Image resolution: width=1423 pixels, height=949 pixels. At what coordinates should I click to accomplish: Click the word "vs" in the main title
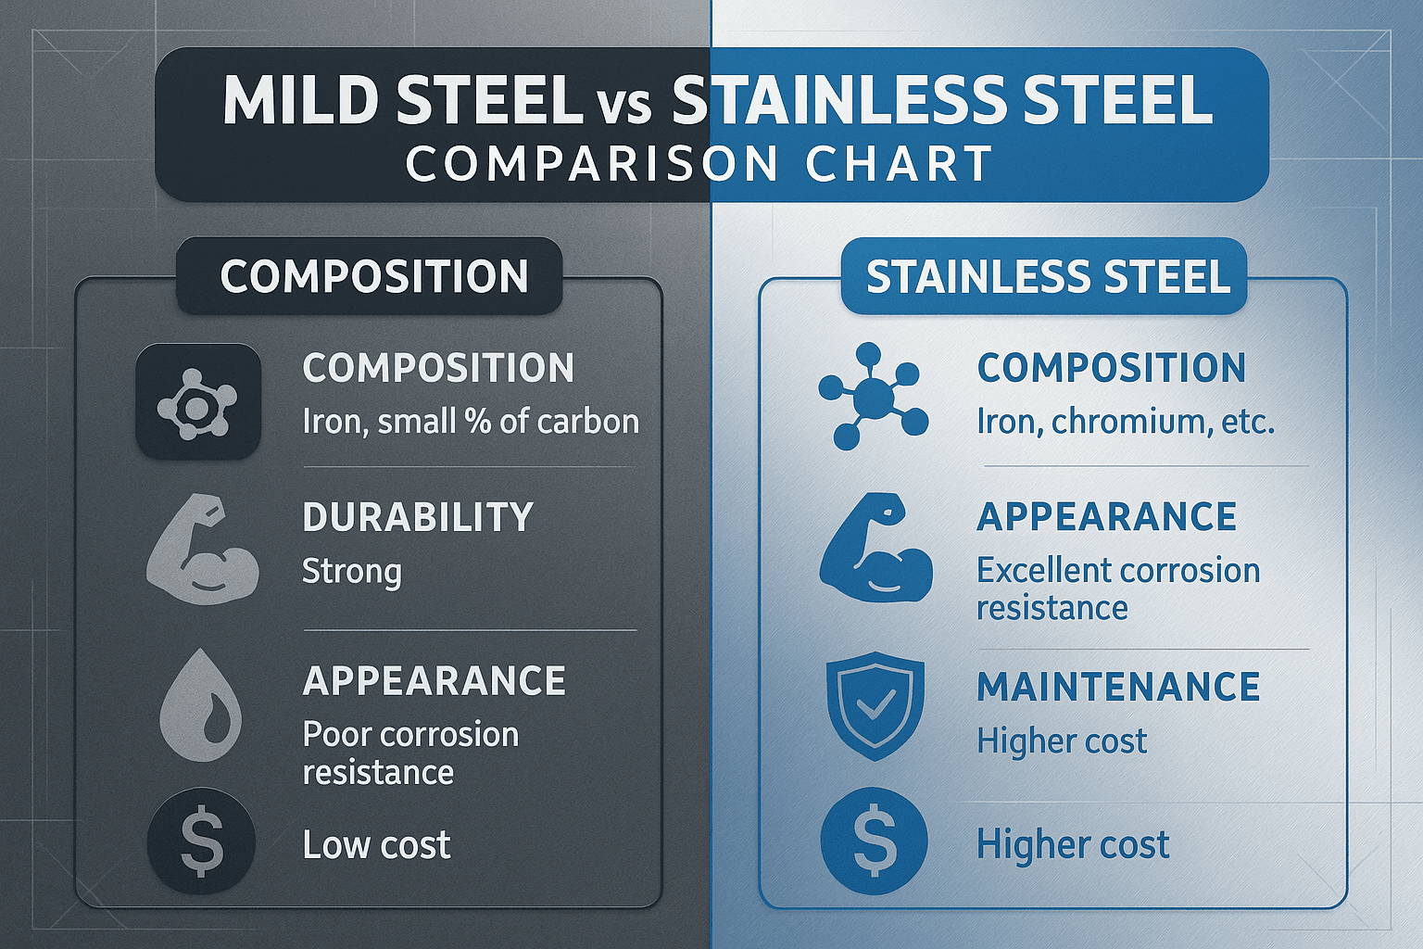(626, 104)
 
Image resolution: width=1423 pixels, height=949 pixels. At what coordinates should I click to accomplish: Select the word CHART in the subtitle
(899, 165)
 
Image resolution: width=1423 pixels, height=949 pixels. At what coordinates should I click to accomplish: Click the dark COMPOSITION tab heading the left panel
(373, 276)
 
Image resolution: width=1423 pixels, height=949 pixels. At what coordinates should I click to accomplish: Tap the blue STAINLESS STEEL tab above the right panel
(1048, 276)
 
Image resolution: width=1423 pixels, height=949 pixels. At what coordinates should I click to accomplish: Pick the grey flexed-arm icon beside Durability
(203, 552)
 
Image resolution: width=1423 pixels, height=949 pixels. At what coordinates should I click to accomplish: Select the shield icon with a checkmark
(875, 704)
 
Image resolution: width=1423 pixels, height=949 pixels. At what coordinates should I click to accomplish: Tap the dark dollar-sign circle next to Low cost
(201, 843)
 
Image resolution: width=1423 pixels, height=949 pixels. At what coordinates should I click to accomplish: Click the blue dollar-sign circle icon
(874, 841)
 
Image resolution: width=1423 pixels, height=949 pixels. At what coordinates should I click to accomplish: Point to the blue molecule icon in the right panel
(872, 397)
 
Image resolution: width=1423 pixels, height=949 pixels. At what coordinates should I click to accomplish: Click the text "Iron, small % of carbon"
(471, 422)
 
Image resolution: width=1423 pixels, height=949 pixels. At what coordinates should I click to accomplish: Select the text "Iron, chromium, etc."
(1126, 422)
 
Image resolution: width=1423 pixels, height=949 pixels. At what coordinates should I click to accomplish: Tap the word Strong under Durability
(352, 571)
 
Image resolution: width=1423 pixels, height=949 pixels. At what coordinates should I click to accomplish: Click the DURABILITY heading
(418, 517)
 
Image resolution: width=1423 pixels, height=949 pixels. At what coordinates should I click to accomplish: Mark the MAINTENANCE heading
(1118, 688)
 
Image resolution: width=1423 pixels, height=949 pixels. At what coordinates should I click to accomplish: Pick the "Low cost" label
(376, 844)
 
